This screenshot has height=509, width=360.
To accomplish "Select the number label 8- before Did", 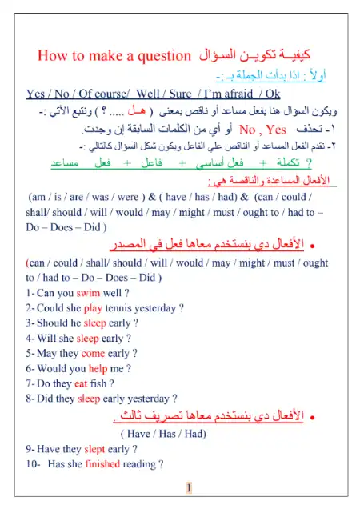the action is (x=30, y=397).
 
